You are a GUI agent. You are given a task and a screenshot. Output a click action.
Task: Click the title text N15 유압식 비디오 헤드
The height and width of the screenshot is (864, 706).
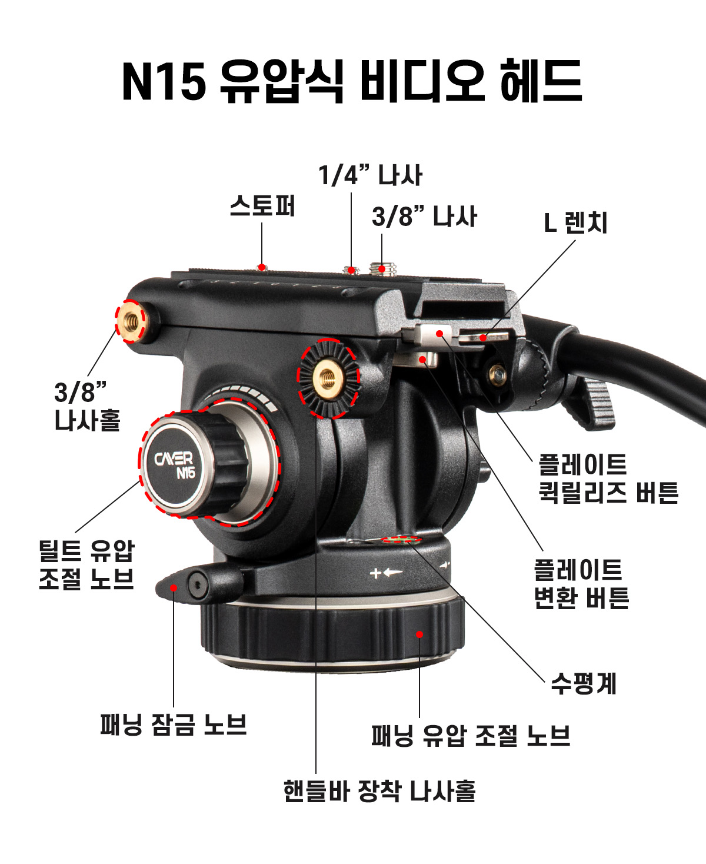tap(352, 82)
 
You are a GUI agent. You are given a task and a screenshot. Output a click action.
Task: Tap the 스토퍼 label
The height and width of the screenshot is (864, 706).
tap(262, 206)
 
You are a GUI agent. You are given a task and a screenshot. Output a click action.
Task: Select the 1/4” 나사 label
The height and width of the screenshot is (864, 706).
tap(370, 175)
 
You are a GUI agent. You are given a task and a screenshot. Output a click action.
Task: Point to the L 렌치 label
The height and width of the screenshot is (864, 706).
tap(575, 222)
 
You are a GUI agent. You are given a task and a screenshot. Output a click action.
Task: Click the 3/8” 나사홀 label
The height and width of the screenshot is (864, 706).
tap(87, 406)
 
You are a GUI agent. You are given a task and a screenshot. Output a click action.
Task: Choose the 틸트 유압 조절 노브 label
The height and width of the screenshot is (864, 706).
tap(86, 564)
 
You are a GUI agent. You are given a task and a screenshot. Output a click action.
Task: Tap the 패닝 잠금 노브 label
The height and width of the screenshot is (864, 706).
tap(173, 724)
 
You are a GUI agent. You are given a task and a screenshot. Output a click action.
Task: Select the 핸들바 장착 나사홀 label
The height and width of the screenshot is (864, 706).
tap(379, 790)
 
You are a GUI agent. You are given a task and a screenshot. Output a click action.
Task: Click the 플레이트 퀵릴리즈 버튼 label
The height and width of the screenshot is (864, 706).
tap(608, 478)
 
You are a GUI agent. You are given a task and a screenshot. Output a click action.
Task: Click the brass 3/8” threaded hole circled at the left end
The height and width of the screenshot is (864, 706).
tap(132, 321)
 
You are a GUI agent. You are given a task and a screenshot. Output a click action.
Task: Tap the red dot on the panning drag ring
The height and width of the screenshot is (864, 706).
tap(419, 634)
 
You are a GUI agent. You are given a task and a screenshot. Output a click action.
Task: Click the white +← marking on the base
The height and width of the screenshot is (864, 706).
tap(386, 572)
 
